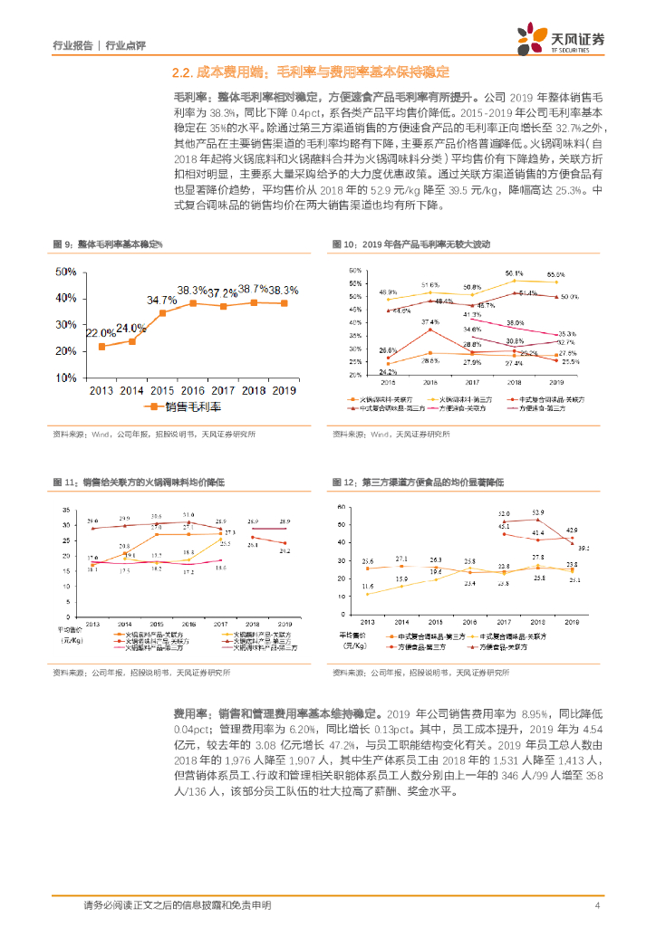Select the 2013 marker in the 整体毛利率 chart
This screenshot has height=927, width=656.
click(x=101, y=347)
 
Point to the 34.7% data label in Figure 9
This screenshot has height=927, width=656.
click(x=161, y=300)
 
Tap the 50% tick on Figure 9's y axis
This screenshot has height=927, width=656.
click(x=65, y=272)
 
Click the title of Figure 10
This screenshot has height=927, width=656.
click(x=413, y=244)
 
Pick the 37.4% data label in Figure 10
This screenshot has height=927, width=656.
click(x=429, y=321)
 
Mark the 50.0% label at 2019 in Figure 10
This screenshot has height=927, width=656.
click(x=569, y=297)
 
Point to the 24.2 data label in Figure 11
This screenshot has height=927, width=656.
click(x=285, y=550)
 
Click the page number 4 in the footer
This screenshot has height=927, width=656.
click(x=597, y=904)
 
